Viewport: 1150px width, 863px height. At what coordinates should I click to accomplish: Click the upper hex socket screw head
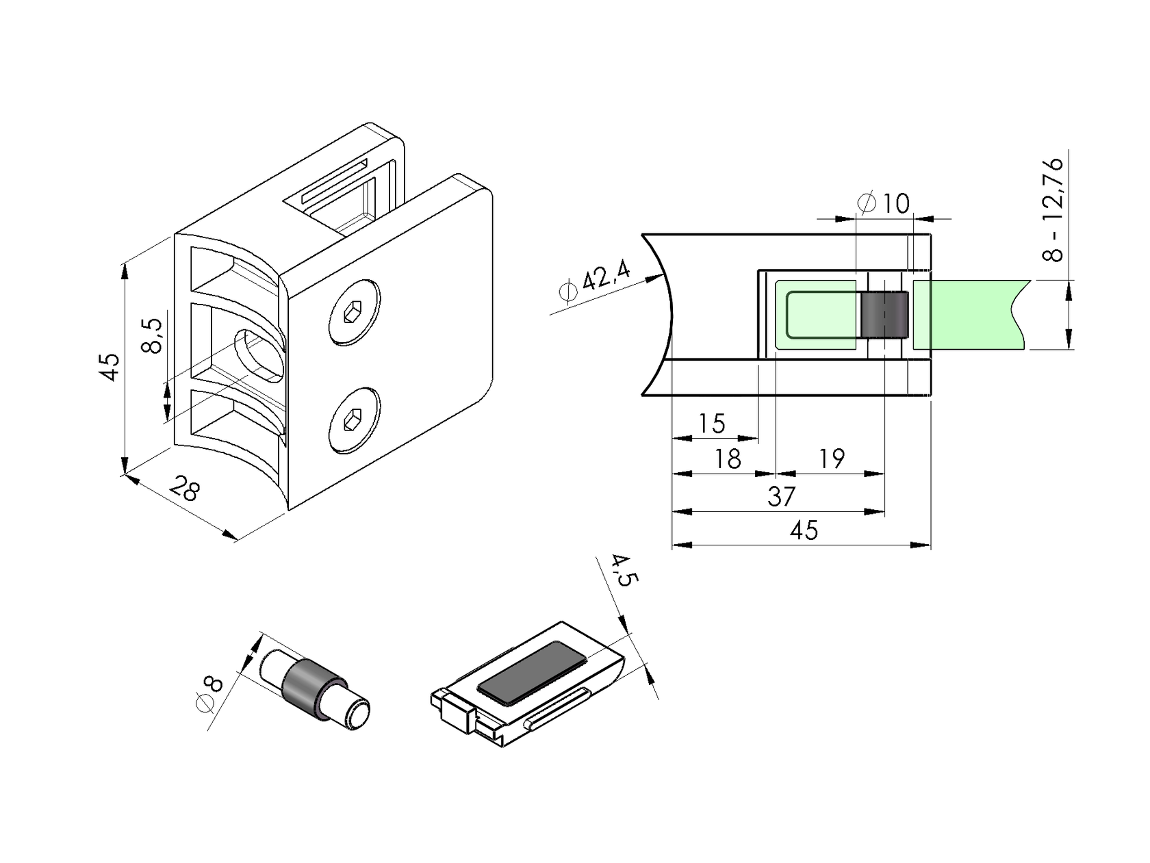click(354, 313)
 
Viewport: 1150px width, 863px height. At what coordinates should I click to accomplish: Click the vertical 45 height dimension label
click(110, 365)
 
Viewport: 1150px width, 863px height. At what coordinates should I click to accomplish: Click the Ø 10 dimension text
click(884, 203)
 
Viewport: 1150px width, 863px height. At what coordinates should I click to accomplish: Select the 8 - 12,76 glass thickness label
click(1053, 209)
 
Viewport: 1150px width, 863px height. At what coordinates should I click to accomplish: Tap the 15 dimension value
click(711, 424)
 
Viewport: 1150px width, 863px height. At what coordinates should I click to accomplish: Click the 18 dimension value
click(727, 459)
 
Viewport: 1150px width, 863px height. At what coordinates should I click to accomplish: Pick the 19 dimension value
click(831, 459)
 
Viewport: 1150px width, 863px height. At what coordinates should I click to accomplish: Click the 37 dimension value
click(781, 496)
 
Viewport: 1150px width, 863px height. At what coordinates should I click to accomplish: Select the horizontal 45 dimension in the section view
click(804, 530)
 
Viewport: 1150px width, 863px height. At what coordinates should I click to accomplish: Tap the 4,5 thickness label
click(623, 570)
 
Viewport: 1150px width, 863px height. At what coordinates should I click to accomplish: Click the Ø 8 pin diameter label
click(209, 693)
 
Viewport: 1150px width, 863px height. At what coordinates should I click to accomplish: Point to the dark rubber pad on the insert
click(532, 673)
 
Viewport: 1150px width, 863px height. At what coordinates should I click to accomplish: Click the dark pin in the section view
click(884, 315)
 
